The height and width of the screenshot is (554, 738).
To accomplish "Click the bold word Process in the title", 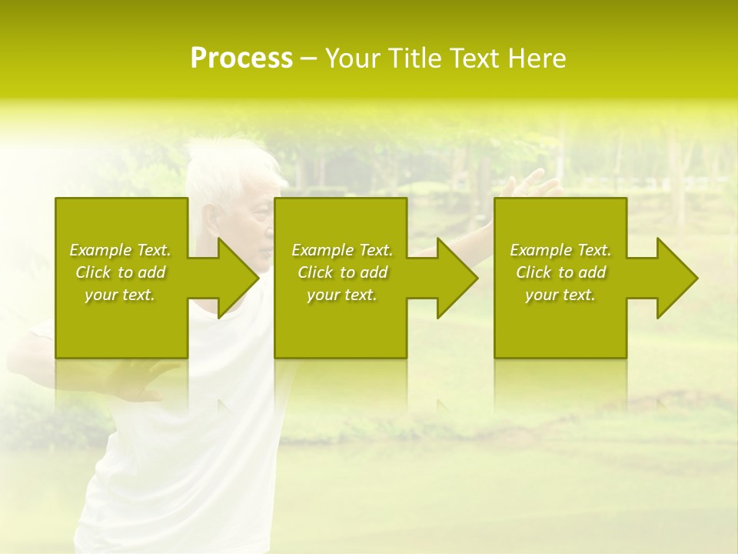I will click(x=241, y=58).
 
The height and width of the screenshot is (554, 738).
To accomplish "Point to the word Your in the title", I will click(x=352, y=58).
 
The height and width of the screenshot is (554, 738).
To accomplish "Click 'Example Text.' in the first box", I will click(x=121, y=250).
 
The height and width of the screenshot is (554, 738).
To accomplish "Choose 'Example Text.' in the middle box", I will click(x=342, y=250).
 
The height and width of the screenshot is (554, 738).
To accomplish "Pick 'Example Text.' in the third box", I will click(x=560, y=250).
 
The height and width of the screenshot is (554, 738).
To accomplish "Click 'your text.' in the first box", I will click(x=120, y=295).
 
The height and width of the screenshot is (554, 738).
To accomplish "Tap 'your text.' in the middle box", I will click(x=342, y=295).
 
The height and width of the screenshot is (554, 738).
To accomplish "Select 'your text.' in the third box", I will click(x=560, y=295).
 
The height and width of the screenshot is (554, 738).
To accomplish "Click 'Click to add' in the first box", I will click(x=121, y=272).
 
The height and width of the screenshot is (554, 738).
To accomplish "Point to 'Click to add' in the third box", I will click(x=560, y=272).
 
